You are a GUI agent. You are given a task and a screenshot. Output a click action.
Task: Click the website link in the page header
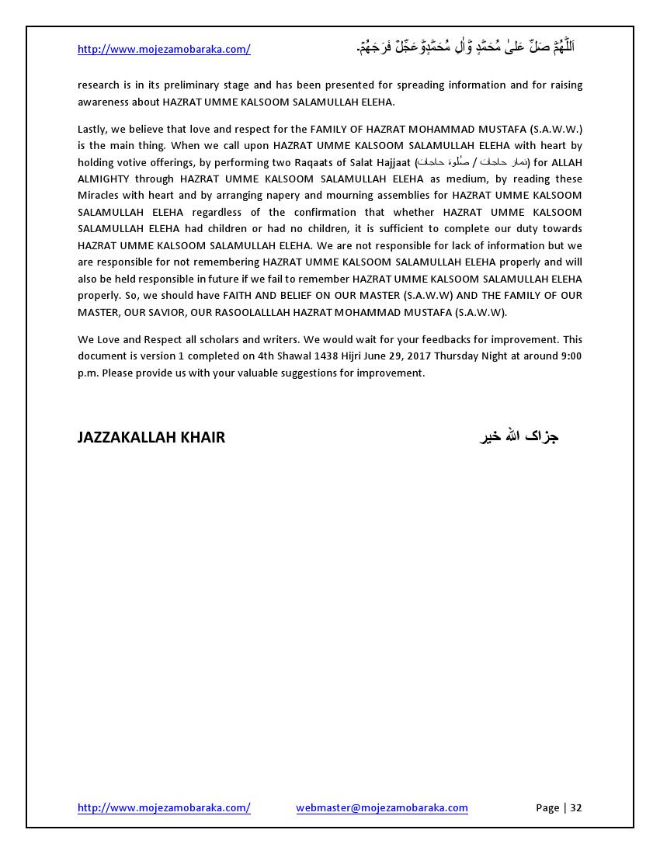point(164,49)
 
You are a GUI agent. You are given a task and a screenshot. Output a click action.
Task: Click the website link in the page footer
point(164,807)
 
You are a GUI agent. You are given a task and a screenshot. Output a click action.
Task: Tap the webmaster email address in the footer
point(382,807)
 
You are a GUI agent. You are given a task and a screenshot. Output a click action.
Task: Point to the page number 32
point(576,807)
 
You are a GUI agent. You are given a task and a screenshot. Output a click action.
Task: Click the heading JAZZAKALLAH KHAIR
point(151,437)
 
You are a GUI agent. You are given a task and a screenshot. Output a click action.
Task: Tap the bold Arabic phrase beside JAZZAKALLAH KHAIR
point(519,436)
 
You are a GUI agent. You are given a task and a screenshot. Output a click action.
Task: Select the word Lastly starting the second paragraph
point(93,129)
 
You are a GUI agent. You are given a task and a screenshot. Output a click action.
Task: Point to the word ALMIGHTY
point(103,179)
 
